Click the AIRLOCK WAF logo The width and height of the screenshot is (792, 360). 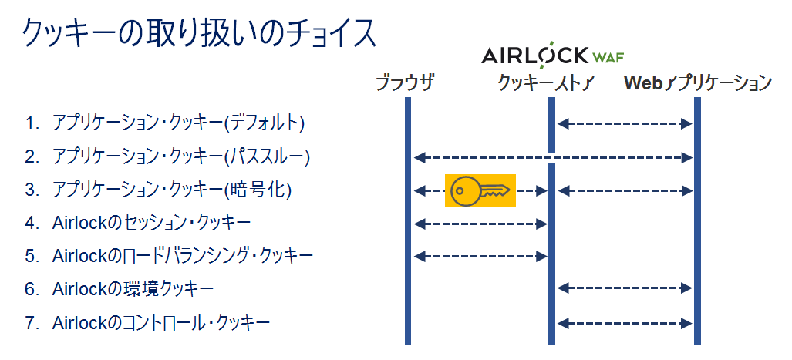(x=553, y=55)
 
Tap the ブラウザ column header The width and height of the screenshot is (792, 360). (x=405, y=82)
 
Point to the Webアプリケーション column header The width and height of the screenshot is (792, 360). (x=698, y=82)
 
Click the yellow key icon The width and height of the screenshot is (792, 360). (x=480, y=191)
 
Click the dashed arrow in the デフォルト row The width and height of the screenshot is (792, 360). (x=625, y=123)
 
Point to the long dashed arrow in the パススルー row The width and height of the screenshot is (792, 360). (x=553, y=157)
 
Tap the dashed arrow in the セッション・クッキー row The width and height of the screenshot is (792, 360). (x=480, y=224)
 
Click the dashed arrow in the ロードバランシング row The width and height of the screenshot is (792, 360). (x=480, y=256)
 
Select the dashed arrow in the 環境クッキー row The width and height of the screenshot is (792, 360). (x=625, y=288)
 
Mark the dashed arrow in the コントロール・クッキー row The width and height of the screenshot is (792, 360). (x=625, y=323)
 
